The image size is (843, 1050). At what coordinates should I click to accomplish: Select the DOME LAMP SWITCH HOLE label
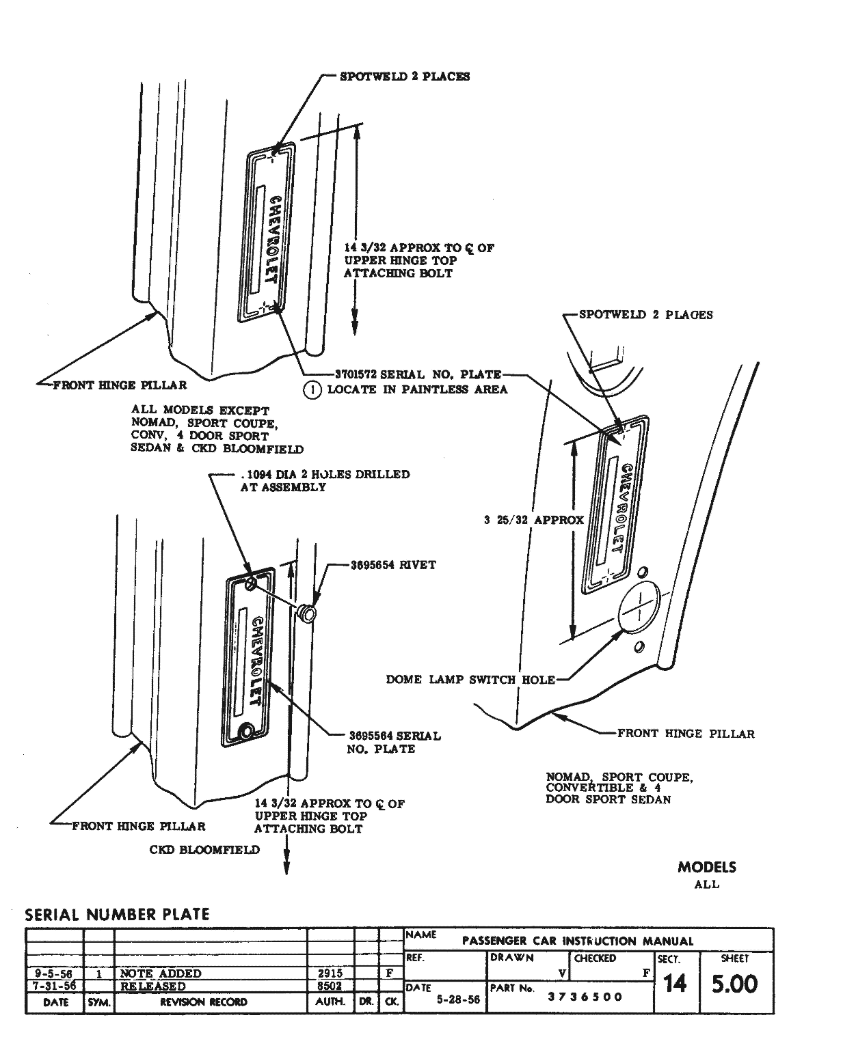pos(470,680)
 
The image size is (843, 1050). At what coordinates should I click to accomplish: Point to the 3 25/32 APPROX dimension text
pos(533,520)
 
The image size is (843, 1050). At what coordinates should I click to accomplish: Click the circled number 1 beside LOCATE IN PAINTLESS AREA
pos(312,389)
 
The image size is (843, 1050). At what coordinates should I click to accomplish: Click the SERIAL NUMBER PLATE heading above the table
pos(117,914)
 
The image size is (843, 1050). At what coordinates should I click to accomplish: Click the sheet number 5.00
pos(734,984)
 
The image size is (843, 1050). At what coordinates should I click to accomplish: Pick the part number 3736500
pos(585,997)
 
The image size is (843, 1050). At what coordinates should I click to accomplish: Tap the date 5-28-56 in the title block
pos(459,1000)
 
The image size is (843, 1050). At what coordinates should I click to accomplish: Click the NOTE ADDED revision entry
pos(161,973)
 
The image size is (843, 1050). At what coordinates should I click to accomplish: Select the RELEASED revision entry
pos(153,986)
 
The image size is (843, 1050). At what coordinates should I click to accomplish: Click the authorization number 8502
pos(330,986)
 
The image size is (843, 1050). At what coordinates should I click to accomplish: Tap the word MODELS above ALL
pos(707,867)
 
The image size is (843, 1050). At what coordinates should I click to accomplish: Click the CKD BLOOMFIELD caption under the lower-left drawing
pos(204,850)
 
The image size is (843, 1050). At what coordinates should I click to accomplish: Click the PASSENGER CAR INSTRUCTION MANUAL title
pos(578,941)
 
